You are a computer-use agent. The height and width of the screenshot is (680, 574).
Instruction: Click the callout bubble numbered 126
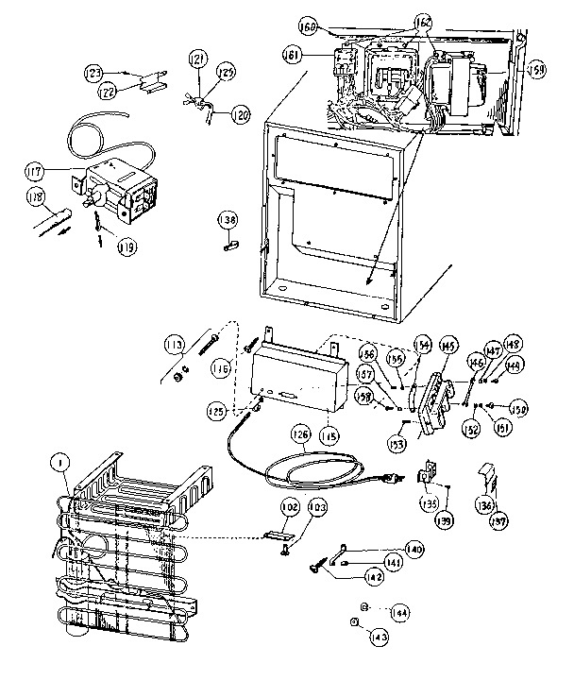click(299, 435)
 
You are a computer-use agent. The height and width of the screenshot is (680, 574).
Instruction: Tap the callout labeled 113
click(172, 344)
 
